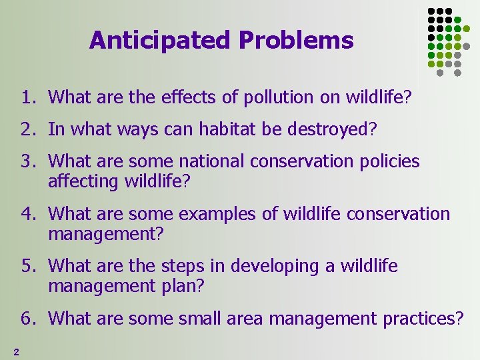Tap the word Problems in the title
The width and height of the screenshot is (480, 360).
pos(295,41)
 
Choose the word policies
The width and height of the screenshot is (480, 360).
pos(389,161)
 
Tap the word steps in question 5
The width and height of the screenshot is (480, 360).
pos(182,267)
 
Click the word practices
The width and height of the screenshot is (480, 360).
pos(423,319)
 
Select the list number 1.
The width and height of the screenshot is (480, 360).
pos(27,98)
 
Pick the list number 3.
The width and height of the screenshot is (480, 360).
pos(27,161)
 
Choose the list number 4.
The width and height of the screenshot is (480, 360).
pos(27,214)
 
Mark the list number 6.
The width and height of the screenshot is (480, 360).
pos(27,319)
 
